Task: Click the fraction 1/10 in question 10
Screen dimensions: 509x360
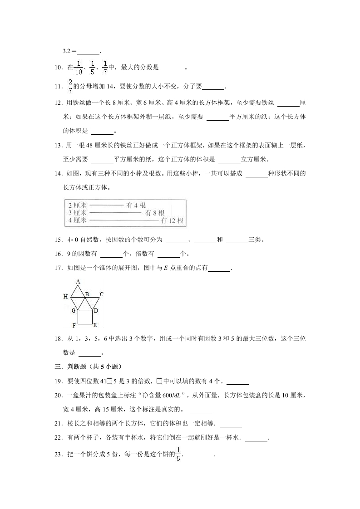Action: (79, 68)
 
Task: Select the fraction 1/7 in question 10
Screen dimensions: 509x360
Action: (105, 68)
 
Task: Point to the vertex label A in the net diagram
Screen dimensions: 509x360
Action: (78, 282)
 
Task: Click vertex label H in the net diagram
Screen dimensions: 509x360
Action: (66, 296)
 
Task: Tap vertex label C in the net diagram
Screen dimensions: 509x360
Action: (102, 294)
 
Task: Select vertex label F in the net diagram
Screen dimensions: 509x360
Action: (74, 326)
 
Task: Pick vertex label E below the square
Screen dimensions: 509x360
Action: (95, 325)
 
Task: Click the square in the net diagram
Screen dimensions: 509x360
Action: (85, 317)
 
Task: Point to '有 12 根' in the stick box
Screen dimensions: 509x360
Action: (172, 220)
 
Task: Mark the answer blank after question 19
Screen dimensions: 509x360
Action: (237, 381)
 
